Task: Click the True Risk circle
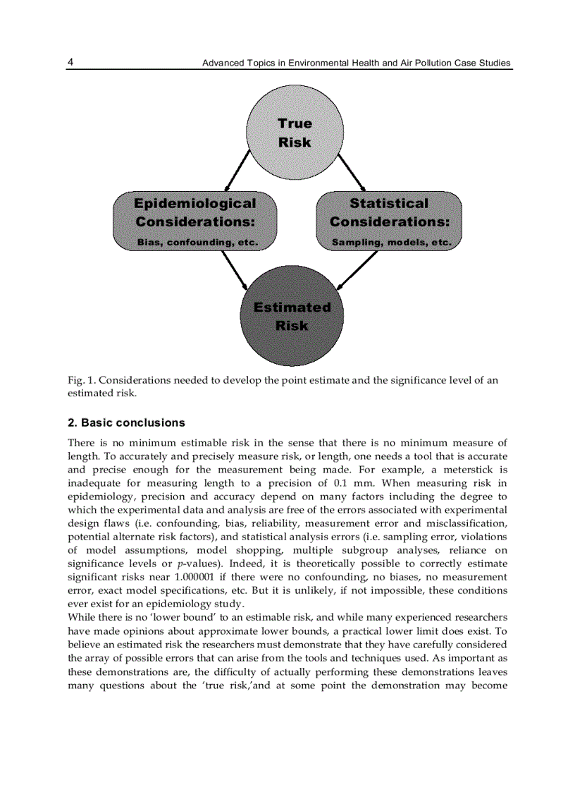(295, 133)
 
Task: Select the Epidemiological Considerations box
(195, 221)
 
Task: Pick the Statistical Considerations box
(389, 221)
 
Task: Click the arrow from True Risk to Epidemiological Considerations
(237, 170)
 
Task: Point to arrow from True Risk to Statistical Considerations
(352, 170)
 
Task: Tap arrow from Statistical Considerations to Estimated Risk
(358, 269)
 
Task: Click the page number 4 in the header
(70, 63)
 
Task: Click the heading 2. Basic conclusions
(126, 423)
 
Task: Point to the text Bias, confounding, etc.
(197, 242)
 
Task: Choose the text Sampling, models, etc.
(391, 242)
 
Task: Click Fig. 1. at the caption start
(80, 380)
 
